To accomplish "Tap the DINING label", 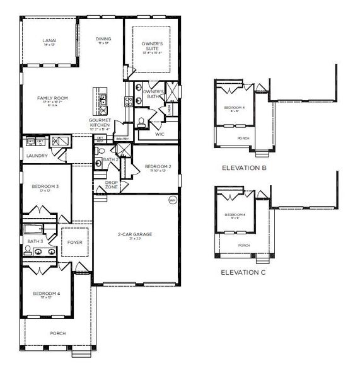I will coord(103,40).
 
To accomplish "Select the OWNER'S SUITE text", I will coord(152,45).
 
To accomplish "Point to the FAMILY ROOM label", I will coord(52,99).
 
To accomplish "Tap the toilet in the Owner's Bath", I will coord(142,121).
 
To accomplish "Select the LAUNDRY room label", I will coord(37,156).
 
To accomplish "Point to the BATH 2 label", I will coord(111,159).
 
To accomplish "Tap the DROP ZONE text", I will coord(112,185).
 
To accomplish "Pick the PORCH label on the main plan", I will coord(58,333).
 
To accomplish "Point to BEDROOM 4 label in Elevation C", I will coord(235,215).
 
